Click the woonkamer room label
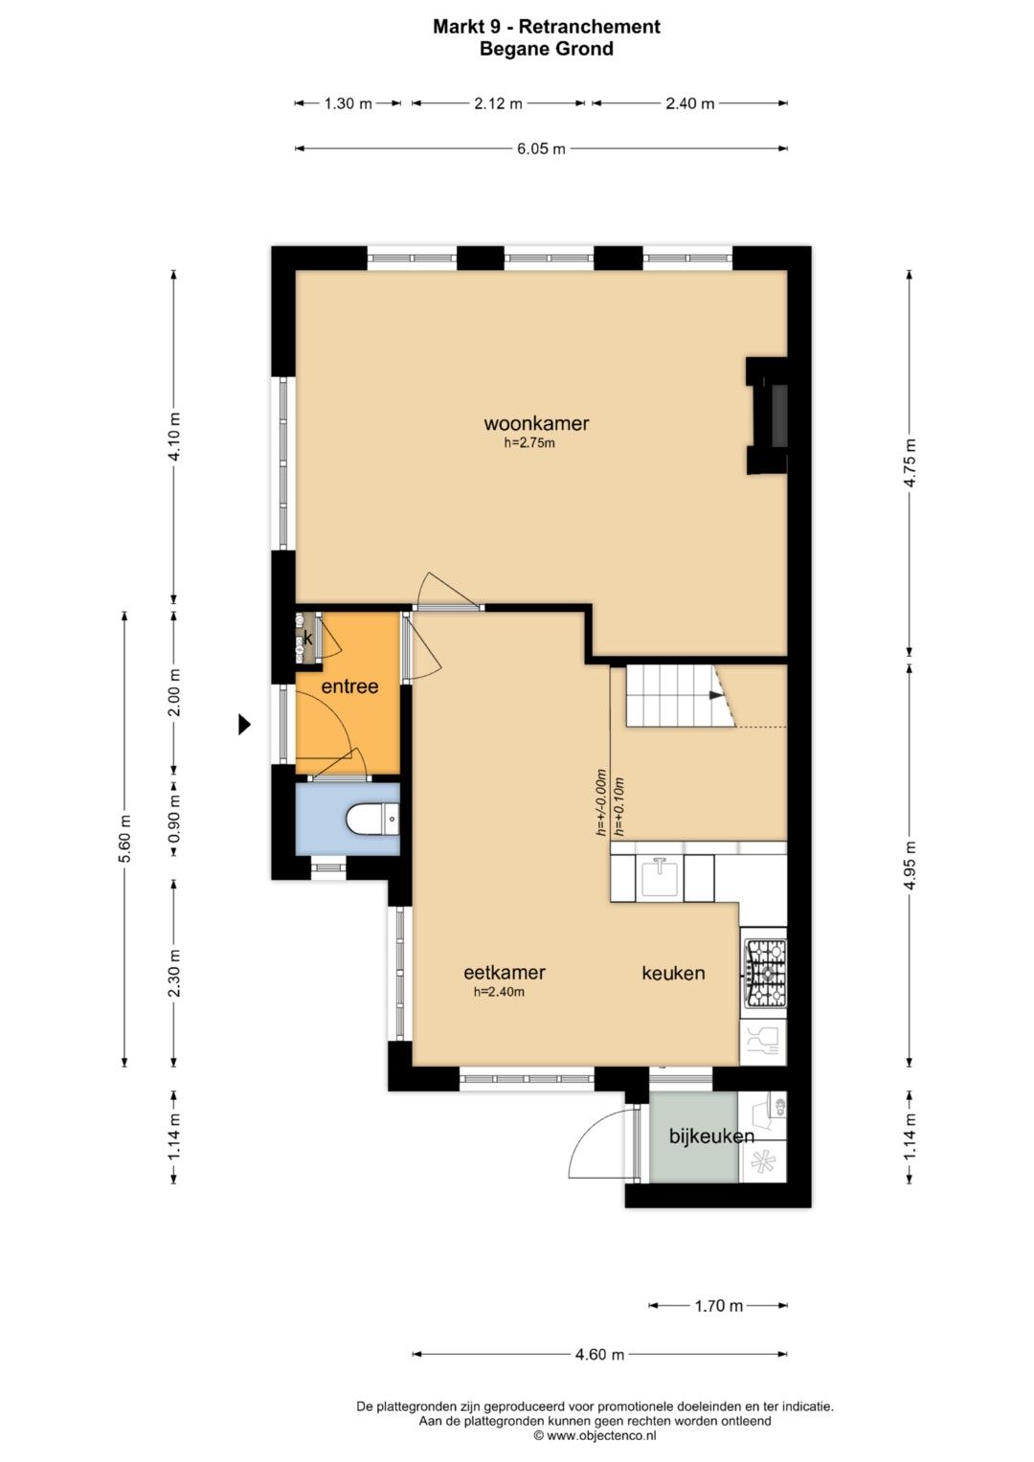tap(536, 423)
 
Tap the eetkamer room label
tap(504, 973)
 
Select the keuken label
tap(673, 973)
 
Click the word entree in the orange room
tap(349, 686)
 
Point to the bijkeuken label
tap(711, 1136)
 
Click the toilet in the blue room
tap(372, 820)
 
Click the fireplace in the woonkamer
tap(768, 416)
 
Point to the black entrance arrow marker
tap(244, 724)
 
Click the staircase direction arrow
tap(716, 696)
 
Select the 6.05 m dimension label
tap(541, 148)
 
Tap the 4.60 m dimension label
tap(599, 1355)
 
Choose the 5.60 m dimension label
tap(125, 839)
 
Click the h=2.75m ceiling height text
tap(529, 444)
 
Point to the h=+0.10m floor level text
tap(618, 807)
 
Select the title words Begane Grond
tap(547, 49)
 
